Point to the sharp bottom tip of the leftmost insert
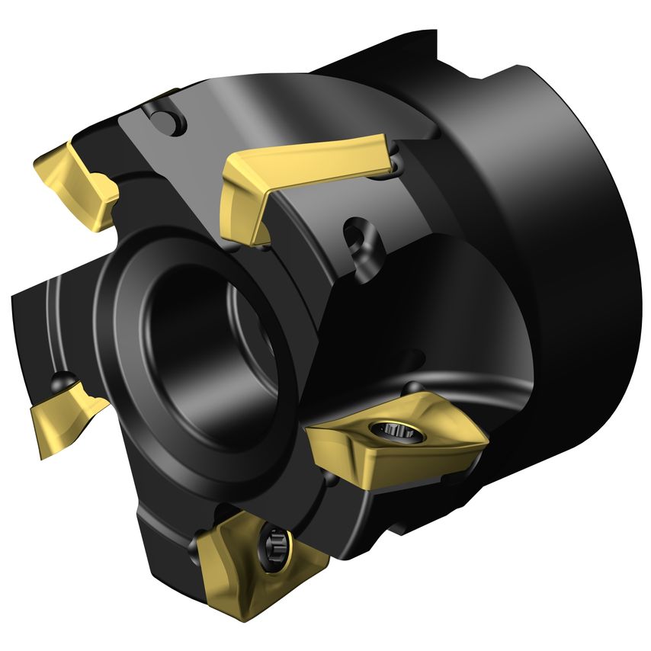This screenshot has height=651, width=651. click(40, 457)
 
